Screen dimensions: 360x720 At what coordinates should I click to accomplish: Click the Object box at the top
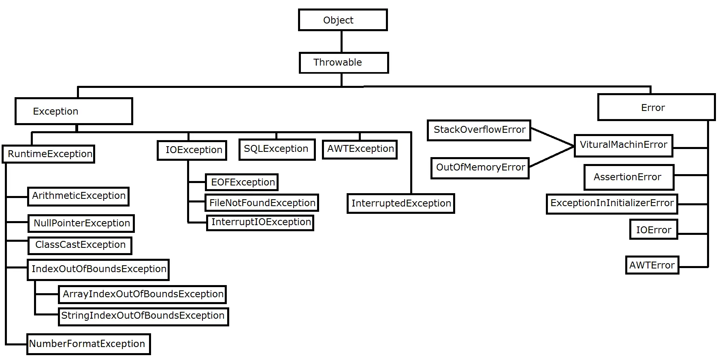343,20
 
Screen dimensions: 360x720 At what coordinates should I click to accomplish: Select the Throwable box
343,63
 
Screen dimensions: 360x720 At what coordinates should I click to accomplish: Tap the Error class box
656,107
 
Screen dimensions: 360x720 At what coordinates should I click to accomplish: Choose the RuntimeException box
49,154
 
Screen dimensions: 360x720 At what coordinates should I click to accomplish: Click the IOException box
192,150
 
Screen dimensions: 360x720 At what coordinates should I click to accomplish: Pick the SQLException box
277,149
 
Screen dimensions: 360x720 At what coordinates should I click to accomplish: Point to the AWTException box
360,149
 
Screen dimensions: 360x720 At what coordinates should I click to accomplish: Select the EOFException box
242,182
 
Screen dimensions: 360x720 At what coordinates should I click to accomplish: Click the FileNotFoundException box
262,203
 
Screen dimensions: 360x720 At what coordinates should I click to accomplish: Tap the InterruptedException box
401,203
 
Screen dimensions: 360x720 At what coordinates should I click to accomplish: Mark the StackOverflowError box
479,130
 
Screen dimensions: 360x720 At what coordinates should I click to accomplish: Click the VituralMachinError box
623,145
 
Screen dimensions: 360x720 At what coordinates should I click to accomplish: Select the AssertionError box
628,177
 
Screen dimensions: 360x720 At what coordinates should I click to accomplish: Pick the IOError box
653,230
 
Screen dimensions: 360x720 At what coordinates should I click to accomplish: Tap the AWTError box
652,265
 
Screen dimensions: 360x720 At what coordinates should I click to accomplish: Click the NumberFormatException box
88,344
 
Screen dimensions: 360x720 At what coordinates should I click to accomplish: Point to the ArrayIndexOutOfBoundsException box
142,294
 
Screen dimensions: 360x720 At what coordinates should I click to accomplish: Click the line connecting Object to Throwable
341,41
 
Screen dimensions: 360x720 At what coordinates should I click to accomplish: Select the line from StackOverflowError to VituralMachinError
552,137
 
